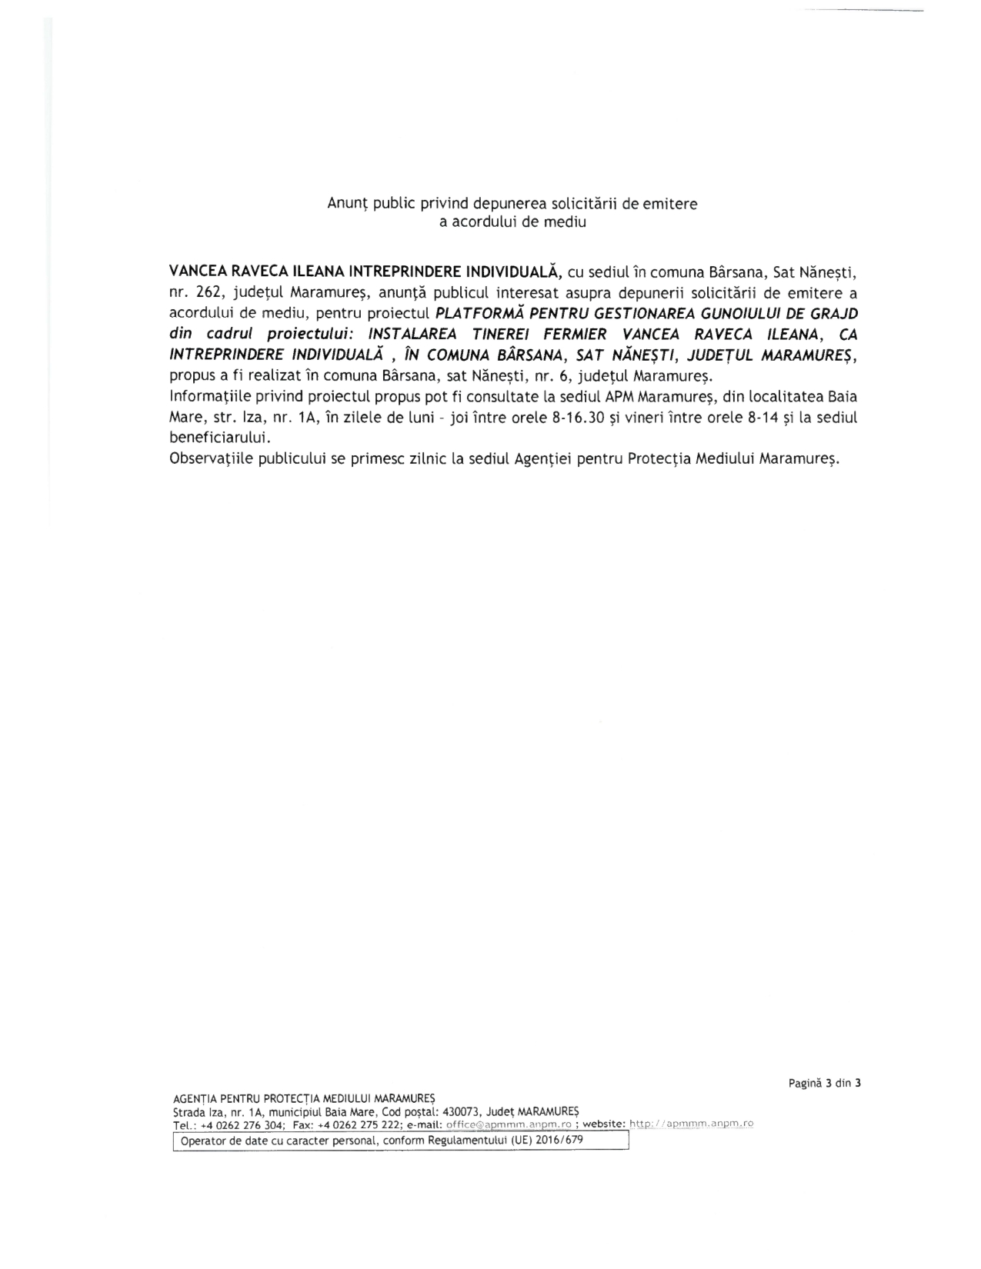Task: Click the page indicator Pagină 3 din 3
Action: point(824,1083)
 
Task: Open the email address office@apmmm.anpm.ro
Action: point(509,1124)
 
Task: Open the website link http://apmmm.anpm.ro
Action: point(691,1124)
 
